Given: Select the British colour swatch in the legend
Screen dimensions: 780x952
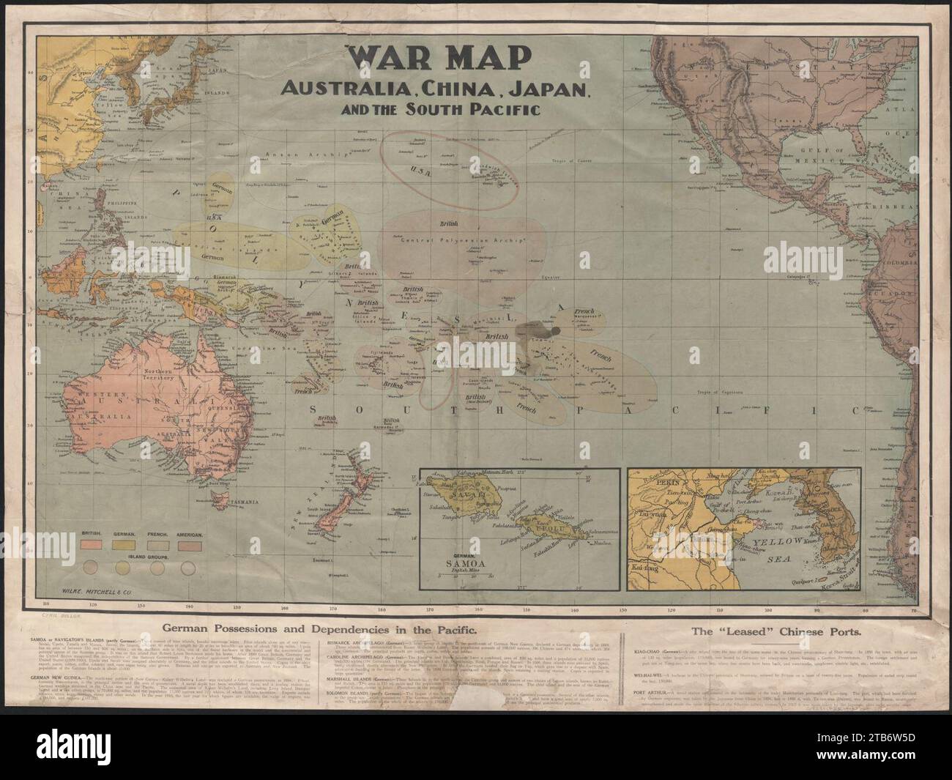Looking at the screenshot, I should [92, 546].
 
